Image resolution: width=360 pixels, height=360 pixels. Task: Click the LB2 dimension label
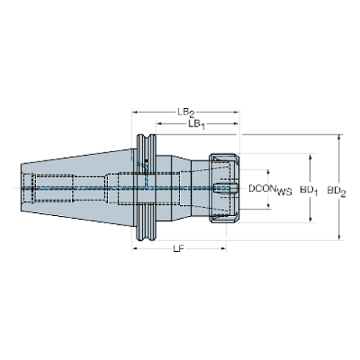point(185,112)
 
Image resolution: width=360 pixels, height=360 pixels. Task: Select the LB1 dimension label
point(195,125)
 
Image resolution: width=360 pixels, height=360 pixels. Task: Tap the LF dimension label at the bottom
point(179,250)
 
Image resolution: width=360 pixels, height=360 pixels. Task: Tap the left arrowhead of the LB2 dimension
point(134,112)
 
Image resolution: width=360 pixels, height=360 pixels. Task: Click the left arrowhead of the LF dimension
point(134,250)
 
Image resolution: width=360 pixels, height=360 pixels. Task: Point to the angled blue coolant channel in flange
point(145,176)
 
